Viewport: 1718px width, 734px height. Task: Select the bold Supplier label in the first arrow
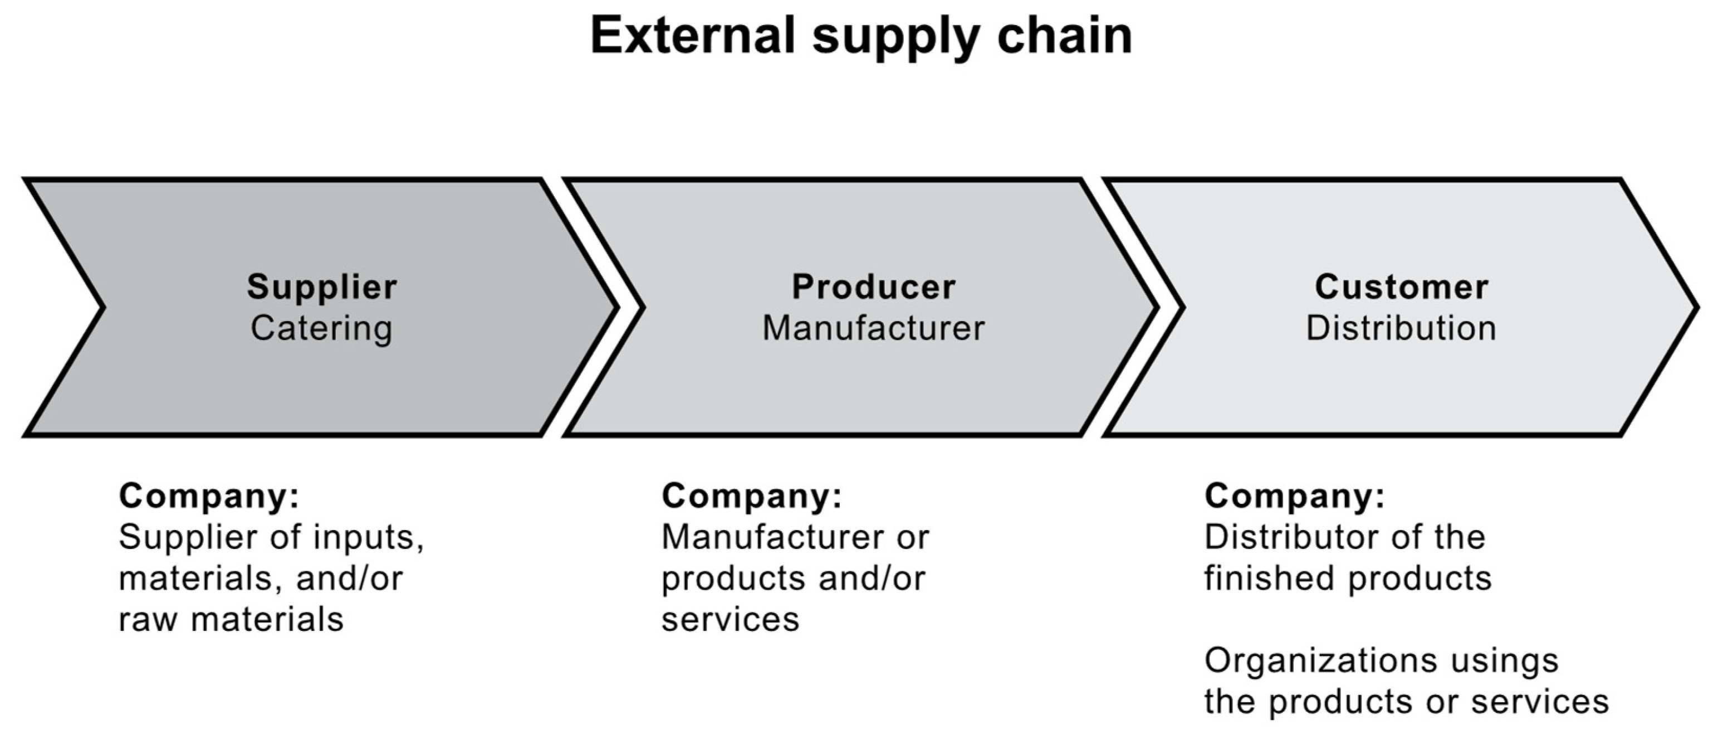pos(322,287)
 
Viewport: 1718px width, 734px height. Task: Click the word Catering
pos(321,328)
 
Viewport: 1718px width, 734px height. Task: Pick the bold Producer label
pos(874,287)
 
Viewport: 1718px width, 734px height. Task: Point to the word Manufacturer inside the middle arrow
pos(874,328)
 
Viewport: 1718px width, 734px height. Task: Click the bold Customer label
pos(1402,287)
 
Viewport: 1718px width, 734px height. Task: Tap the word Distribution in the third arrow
pos(1401,328)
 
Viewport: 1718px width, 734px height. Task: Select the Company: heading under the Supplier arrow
pos(209,496)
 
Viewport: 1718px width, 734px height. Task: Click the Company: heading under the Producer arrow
pos(752,496)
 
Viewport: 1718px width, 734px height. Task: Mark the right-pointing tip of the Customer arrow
pos(1692,308)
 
